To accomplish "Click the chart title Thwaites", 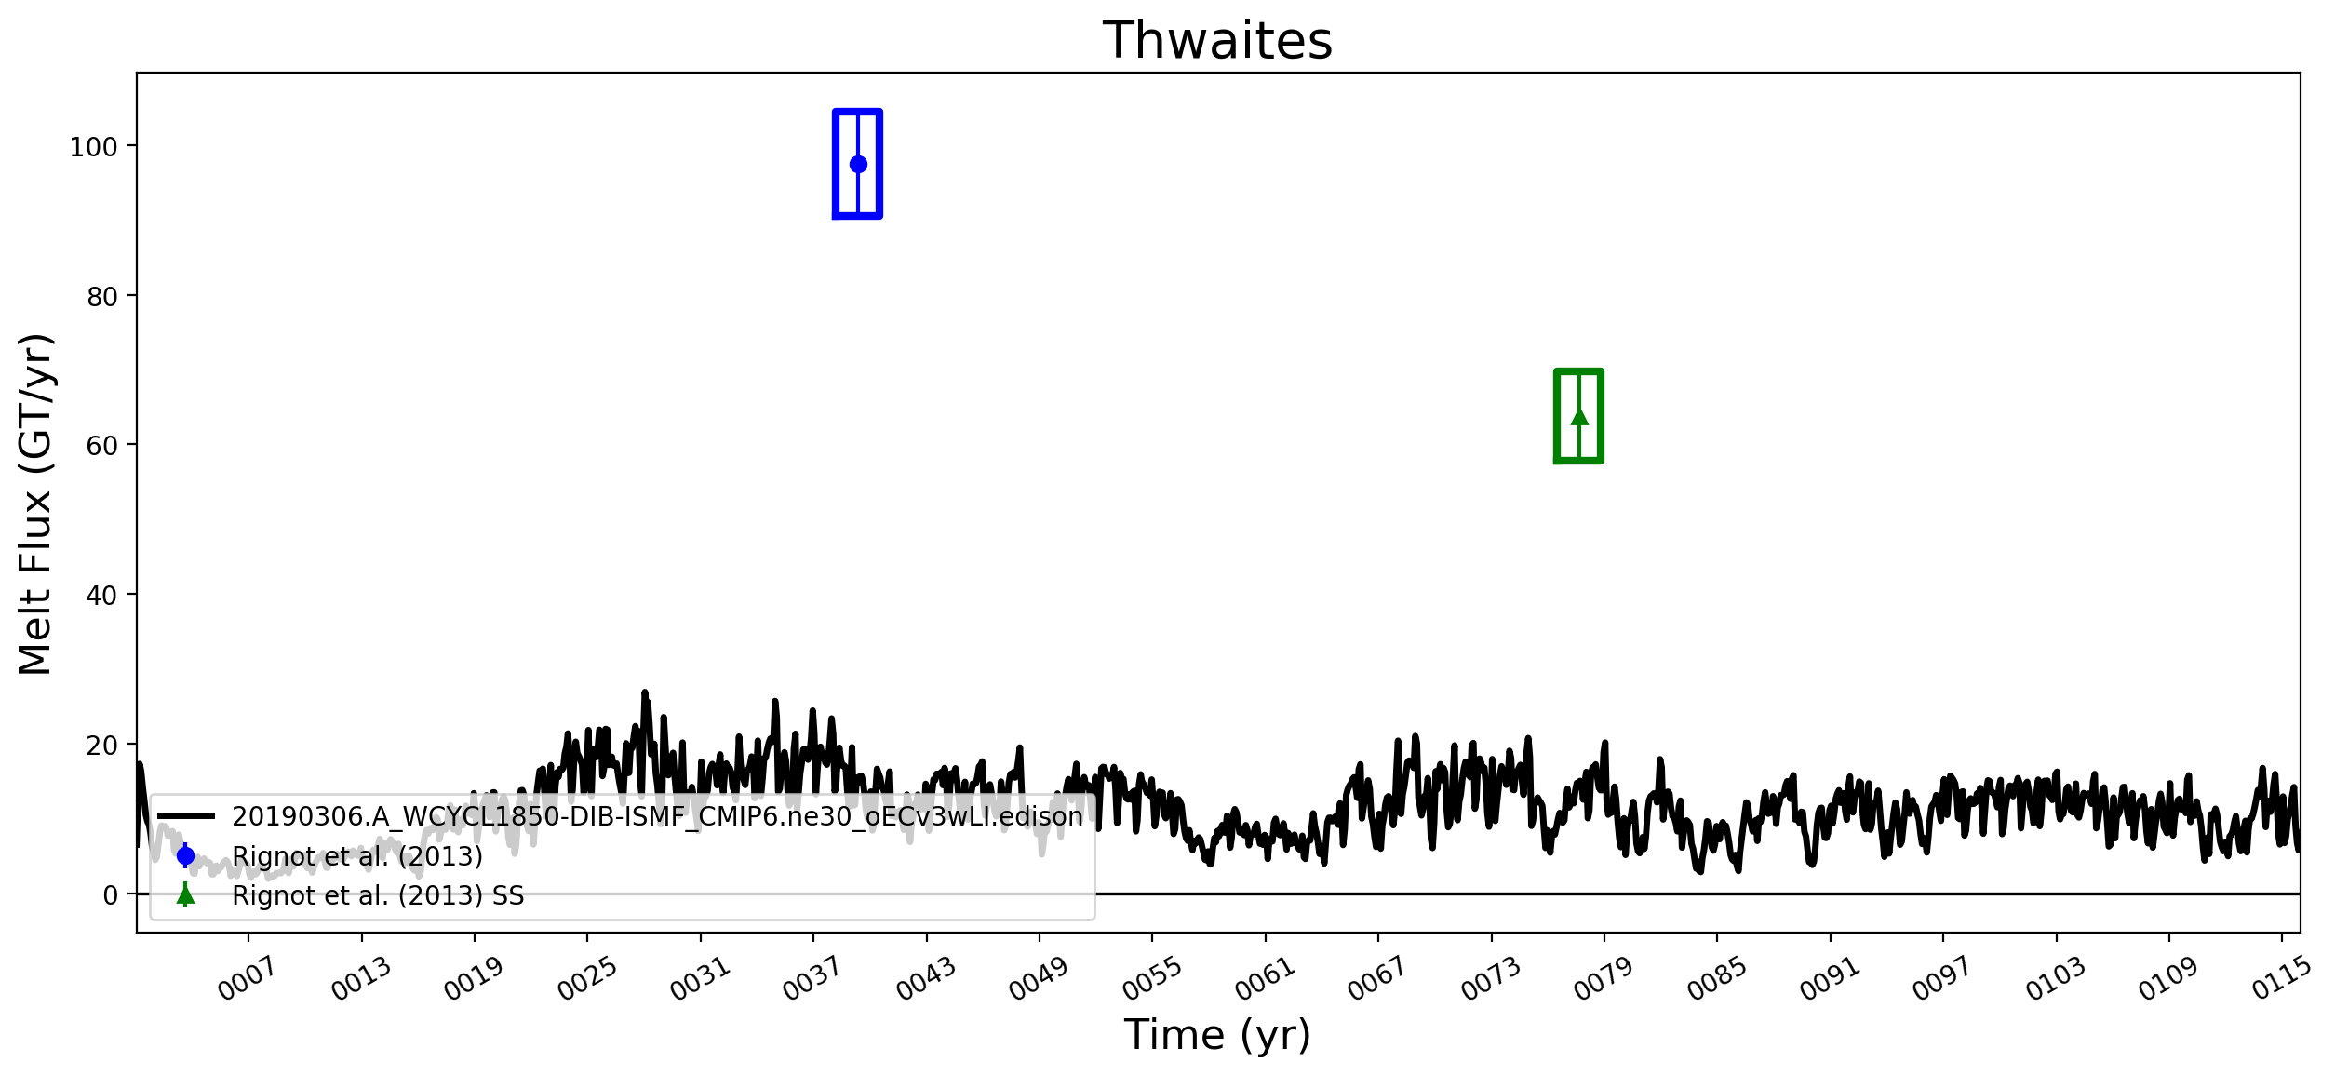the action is [1217, 41].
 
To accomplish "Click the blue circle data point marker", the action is [858, 164].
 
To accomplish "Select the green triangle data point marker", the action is [1579, 416].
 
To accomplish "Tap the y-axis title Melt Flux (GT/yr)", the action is [35, 504].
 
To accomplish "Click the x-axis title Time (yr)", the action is [1217, 1035].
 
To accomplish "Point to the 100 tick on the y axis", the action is [93, 147].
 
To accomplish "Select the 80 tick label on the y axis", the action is [101, 297].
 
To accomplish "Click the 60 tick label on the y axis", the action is [101, 446].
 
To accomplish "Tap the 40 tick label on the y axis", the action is [101, 596].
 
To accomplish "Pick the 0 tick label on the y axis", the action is [110, 895].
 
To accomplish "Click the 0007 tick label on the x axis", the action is [247, 979].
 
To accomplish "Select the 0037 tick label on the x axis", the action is [812, 979].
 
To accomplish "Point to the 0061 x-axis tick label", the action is [1264, 979].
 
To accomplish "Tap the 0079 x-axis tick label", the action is [1603, 979].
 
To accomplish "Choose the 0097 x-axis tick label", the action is [1941, 979].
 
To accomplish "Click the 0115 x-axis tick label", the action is [2281, 979].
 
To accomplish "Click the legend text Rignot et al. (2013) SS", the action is [378, 895].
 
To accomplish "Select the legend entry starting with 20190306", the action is [657, 816].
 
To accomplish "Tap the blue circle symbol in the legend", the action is [185, 855].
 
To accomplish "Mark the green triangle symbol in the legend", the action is [185, 895].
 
